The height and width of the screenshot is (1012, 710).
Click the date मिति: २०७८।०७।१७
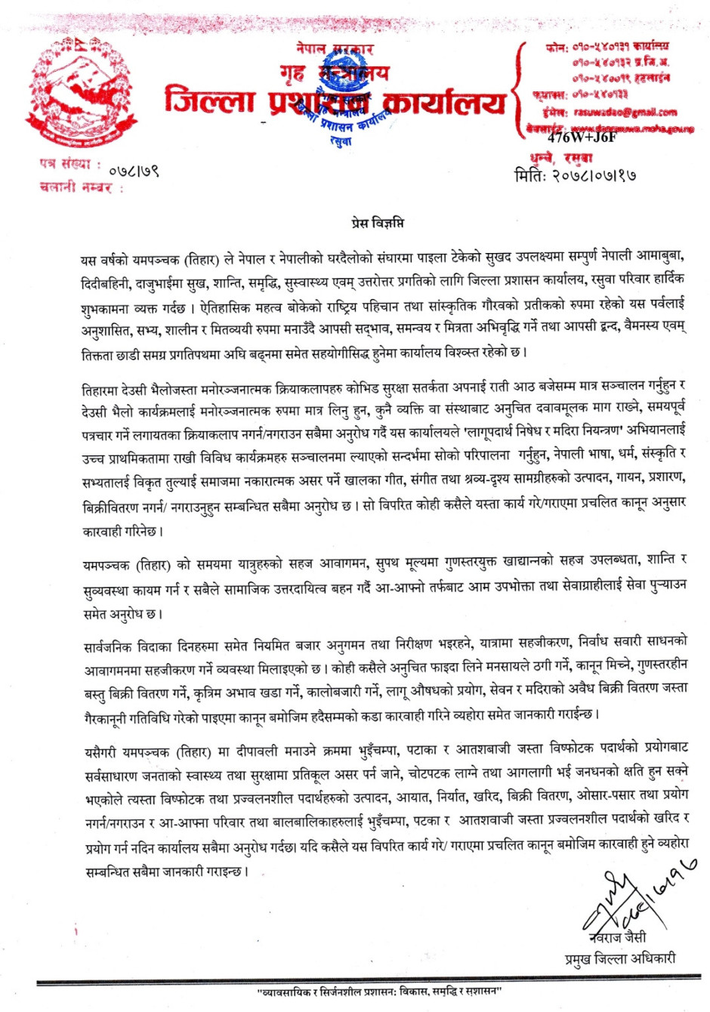(574, 175)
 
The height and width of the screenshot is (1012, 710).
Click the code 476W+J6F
(582, 137)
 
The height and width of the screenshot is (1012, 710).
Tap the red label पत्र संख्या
(70, 164)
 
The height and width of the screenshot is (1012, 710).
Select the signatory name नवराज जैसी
(619, 937)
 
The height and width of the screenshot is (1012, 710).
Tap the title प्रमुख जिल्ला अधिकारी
(620, 959)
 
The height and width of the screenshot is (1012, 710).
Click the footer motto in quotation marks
(380, 990)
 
